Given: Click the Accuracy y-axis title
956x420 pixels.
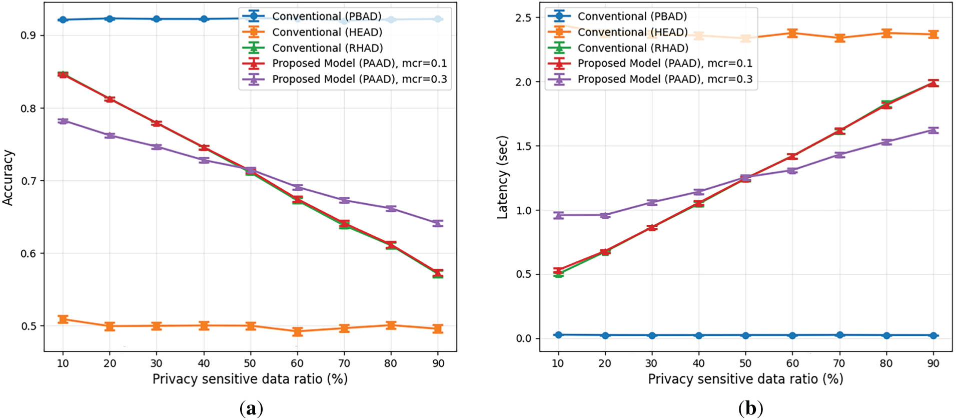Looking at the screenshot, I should point(8,178).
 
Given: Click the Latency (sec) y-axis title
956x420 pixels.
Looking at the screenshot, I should point(502,178).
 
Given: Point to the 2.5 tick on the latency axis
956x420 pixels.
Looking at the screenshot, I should point(523,18).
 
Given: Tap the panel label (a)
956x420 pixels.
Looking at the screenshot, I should point(251,408).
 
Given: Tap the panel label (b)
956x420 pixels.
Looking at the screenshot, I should point(750,408).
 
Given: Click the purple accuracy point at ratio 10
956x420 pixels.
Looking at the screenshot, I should point(63,121).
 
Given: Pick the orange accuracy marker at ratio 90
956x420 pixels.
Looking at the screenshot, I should point(438,329).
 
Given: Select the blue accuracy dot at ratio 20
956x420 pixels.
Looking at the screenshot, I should point(110,19).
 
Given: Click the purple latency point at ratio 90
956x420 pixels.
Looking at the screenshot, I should point(933,130).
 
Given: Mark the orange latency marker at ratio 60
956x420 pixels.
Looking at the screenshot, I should point(792,34).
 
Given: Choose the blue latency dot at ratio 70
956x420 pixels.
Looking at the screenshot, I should point(839,335).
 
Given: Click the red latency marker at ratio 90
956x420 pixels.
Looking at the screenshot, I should point(933,83).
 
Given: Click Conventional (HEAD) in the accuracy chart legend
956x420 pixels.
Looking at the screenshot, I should point(327,32).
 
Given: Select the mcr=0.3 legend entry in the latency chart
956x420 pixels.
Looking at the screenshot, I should point(664,79).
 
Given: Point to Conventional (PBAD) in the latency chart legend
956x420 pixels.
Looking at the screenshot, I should point(632,16).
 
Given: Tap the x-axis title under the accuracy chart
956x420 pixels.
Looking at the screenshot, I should point(250,379).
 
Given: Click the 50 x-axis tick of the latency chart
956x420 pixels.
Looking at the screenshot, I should point(745,363).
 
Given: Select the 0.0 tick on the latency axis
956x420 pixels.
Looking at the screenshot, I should point(523,338).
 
